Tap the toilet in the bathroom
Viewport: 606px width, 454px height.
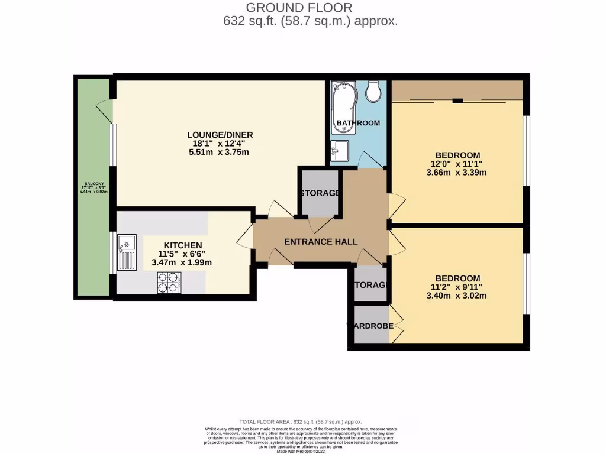(373, 91)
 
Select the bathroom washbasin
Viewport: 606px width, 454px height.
(340, 150)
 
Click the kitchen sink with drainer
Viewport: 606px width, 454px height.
(127, 252)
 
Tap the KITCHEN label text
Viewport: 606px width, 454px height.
(183, 245)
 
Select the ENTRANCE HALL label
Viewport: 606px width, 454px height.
(321, 242)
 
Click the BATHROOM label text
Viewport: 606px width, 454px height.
(357, 123)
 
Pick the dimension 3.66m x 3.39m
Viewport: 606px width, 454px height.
(456, 173)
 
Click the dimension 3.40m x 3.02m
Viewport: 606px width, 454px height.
(456, 296)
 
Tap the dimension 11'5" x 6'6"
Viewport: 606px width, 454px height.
(183, 254)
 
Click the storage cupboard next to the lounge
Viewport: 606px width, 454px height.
(320, 193)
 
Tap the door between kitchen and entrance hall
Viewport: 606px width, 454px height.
(245, 240)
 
